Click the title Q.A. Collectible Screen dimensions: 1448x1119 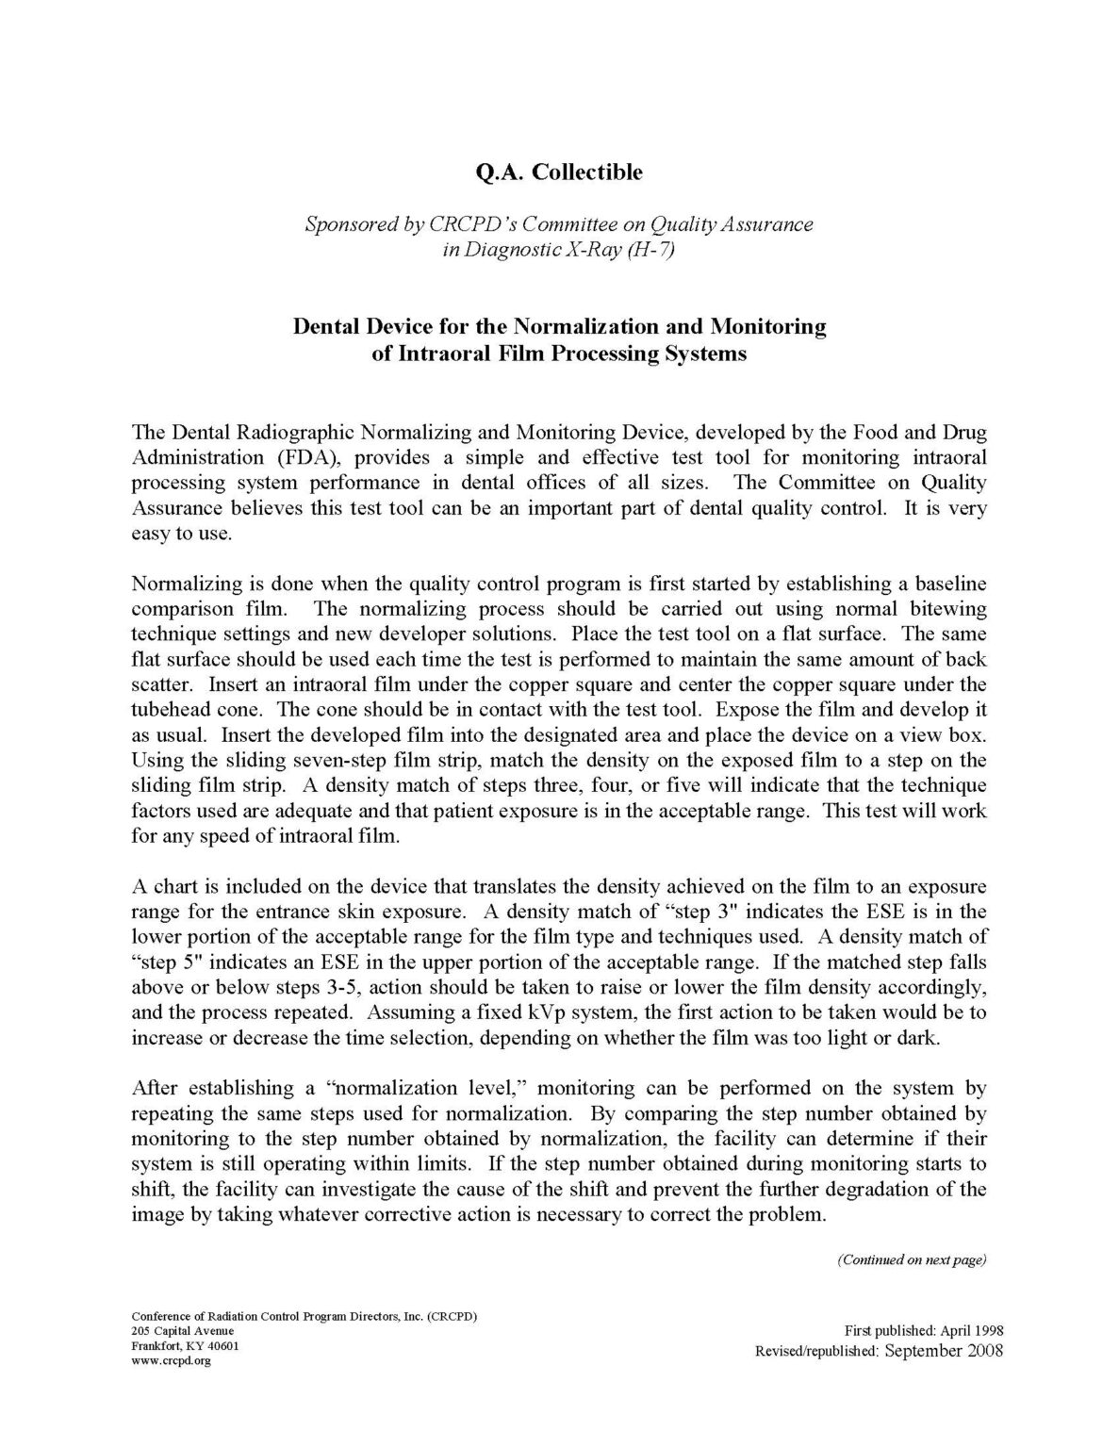(560, 173)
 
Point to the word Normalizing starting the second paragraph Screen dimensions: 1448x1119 (186, 583)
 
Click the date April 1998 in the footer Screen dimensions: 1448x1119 (972, 1331)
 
